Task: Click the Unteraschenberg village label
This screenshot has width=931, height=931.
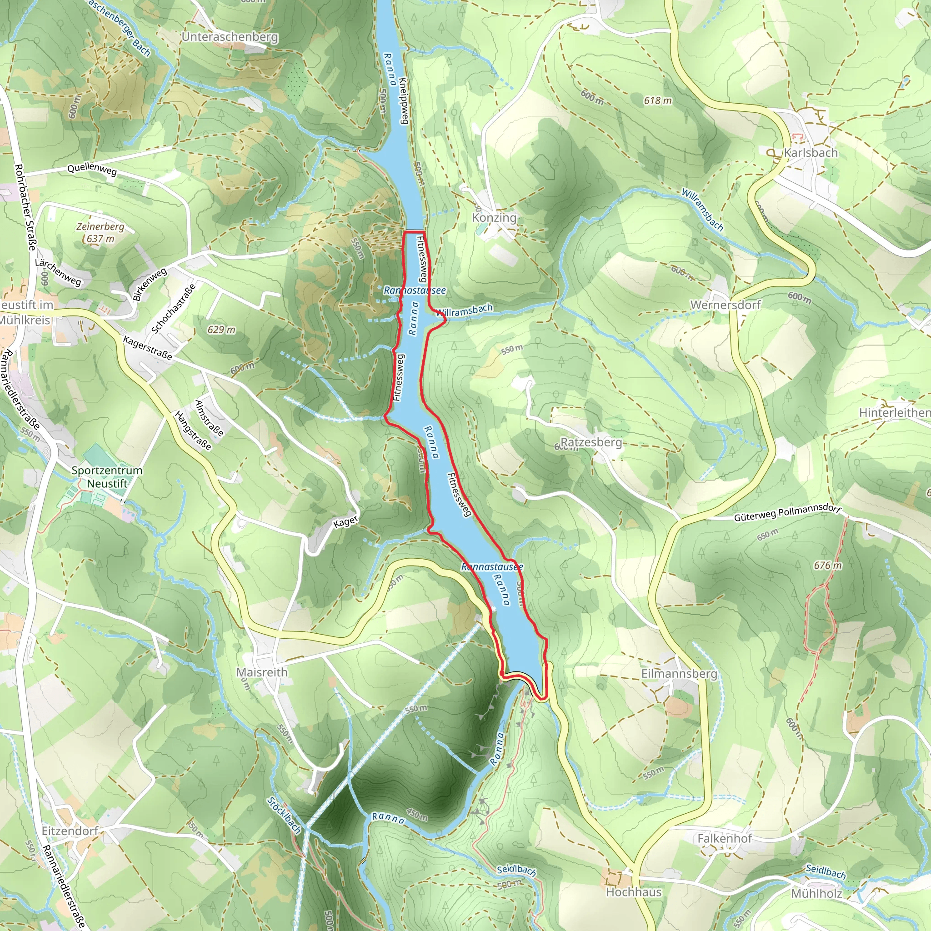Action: (x=230, y=37)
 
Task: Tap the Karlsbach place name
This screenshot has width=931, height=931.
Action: (x=811, y=153)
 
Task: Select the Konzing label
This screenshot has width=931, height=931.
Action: (x=494, y=218)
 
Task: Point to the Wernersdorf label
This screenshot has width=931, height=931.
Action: (x=725, y=305)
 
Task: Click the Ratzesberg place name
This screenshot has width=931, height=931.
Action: (x=591, y=442)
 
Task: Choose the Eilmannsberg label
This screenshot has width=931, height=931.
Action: (x=679, y=674)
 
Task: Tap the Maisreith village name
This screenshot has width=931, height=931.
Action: (x=262, y=672)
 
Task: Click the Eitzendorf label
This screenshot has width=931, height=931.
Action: (x=70, y=831)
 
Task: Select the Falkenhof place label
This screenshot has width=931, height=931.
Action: (x=724, y=838)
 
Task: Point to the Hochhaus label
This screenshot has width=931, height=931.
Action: (x=633, y=892)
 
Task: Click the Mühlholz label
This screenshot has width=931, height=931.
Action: (x=816, y=894)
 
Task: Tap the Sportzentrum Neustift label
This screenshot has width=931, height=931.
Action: (x=107, y=477)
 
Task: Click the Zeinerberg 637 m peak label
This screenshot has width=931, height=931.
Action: (x=100, y=232)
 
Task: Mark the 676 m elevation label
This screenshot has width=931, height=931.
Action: (x=827, y=565)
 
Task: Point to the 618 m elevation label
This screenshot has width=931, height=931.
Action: (x=657, y=101)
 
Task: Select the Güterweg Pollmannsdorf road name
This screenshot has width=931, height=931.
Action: (x=787, y=514)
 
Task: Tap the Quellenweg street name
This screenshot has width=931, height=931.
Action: (x=92, y=170)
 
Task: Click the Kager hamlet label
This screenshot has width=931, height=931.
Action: (x=345, y=521)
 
